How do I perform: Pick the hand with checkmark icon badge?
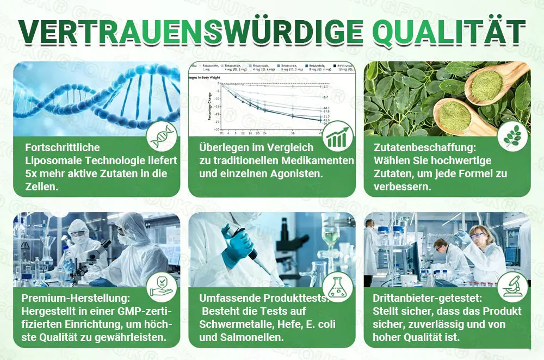pos(162,287)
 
